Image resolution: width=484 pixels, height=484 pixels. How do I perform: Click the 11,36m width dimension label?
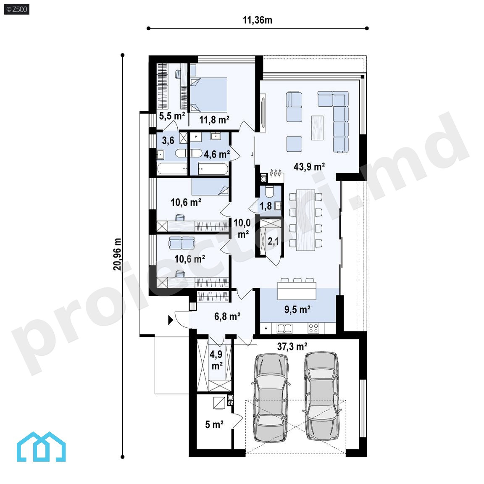[258, 20]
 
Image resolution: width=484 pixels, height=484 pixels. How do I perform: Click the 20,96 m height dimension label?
[117, 254]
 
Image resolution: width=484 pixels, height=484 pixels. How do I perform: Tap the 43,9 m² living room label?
[309, 167]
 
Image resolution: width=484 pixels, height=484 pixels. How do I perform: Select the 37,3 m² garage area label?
[292, 346]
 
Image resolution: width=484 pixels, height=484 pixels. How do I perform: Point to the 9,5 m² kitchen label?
[297, 309]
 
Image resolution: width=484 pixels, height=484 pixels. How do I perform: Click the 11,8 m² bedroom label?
[214, 119]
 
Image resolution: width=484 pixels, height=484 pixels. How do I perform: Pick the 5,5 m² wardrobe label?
[172, 116]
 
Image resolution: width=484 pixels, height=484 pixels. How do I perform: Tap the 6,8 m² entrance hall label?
[227, 316]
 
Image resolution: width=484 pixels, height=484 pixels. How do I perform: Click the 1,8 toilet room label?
[266, 206]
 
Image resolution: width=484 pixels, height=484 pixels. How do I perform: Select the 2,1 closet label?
[273, 241]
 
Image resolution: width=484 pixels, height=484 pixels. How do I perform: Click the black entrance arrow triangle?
[171, 321]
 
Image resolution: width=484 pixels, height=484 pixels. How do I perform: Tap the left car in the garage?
[271, 398]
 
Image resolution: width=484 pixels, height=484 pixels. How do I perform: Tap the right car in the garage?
[322, 395]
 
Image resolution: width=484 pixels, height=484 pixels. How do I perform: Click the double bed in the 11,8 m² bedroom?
[209, 95]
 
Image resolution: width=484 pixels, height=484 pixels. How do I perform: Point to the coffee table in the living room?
[317, 128]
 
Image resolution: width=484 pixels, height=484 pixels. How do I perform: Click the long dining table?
[305, 220]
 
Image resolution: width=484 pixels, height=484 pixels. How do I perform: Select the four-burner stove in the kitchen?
[313, 329]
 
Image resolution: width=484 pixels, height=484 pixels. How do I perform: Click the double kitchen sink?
[284, 329]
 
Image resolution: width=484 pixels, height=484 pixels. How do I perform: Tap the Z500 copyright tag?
[17, 10]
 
